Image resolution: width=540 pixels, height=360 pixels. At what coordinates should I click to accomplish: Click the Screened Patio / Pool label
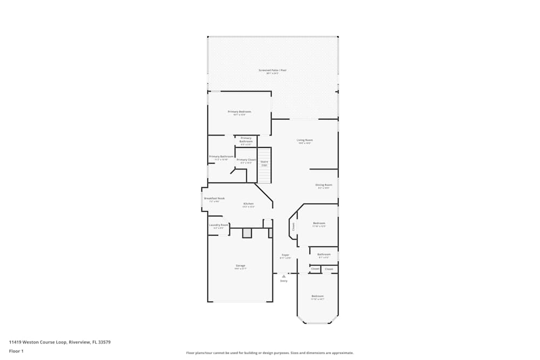coord(272,71)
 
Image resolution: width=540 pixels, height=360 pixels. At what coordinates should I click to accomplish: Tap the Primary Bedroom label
coord(239,112)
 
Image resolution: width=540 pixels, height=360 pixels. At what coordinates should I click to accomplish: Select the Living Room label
coord(305,140)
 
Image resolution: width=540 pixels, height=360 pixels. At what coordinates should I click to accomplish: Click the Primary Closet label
coord(246,160)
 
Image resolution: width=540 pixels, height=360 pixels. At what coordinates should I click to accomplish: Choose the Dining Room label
coord(324,185)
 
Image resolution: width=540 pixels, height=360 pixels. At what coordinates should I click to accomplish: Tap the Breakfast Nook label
coord(214,199)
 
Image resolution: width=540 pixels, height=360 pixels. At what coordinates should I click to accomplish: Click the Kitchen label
coord(248,204)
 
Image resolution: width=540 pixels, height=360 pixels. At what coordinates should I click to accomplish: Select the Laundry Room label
coord(219,225)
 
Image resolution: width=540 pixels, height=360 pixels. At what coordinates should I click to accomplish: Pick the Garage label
coord(240,266)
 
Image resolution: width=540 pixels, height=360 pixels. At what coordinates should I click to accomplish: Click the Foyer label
coord(285,255)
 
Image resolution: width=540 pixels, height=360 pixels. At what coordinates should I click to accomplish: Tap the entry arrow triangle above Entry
coord(283,276)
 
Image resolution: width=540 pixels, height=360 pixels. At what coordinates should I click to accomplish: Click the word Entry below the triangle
coord(283,281)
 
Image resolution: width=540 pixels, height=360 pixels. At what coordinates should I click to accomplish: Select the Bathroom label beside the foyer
coord(324,255)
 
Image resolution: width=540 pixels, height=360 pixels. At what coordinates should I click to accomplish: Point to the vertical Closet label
coord(294,226)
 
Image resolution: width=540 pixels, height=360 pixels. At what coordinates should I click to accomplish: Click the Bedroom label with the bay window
coord(318,296)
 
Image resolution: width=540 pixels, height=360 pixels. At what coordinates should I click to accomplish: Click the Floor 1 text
coord(16,351)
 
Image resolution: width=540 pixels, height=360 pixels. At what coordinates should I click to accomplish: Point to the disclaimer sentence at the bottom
coord(270,352)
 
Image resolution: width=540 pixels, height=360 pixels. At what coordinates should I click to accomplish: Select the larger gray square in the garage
coord(247,233)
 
